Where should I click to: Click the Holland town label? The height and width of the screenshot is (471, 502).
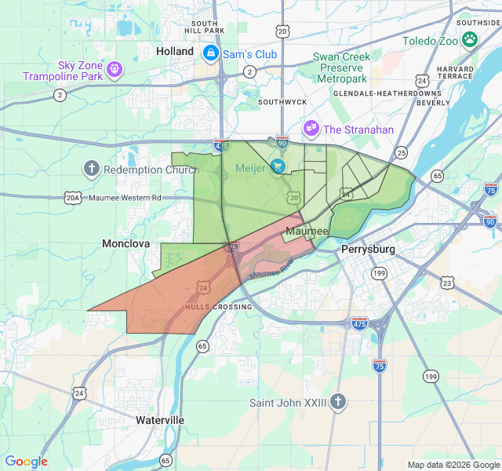(x=174, y=51)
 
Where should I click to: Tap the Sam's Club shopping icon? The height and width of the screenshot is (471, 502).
(x=210, y=53)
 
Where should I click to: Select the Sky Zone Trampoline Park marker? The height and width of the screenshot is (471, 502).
(x=115, y=69)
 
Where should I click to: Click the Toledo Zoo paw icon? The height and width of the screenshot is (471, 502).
(x=469, y=39)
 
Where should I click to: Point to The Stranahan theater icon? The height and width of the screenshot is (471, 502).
(x=311, y=129)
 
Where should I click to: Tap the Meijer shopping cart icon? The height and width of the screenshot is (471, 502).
(x=278, y=166)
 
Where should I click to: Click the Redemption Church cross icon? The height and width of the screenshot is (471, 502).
(x=92, y=169)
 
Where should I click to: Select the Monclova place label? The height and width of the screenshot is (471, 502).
(x=125, y=244)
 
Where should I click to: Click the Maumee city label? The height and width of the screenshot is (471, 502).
(x=307, y=232)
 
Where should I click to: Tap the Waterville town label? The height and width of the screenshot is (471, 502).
(x=159, y=420)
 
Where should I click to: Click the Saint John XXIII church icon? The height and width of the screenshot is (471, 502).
(x=338, y=402)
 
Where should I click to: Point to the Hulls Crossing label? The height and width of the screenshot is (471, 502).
(x=218, y=307)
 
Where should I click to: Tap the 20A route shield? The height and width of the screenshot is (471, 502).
(x=72, y=199)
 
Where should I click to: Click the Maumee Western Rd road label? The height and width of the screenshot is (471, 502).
(x=124, y=198)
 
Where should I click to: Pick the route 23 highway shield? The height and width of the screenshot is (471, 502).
(x=447, y=282)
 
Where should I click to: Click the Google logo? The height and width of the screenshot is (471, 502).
(x=27, y=462)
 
